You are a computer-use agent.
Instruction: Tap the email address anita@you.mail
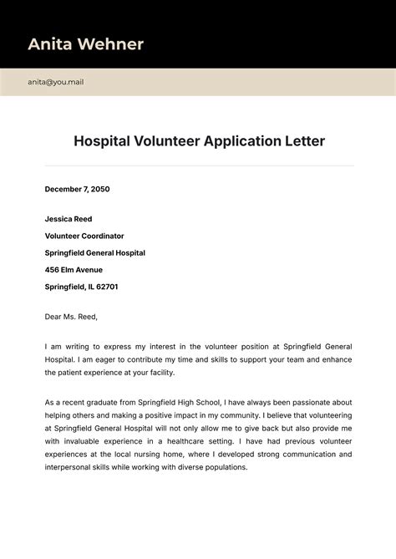pyautogui.click(x=55, y=82)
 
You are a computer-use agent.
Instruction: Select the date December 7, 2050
pyautogui.click(x=78, y=190)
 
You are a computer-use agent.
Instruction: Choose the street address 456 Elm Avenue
pyautogui.click(x=74, y=270)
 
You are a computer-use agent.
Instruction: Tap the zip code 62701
pyautogui.click(x=106, y=287)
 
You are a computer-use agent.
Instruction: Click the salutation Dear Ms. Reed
pyautogui.click(x=71, y=317)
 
